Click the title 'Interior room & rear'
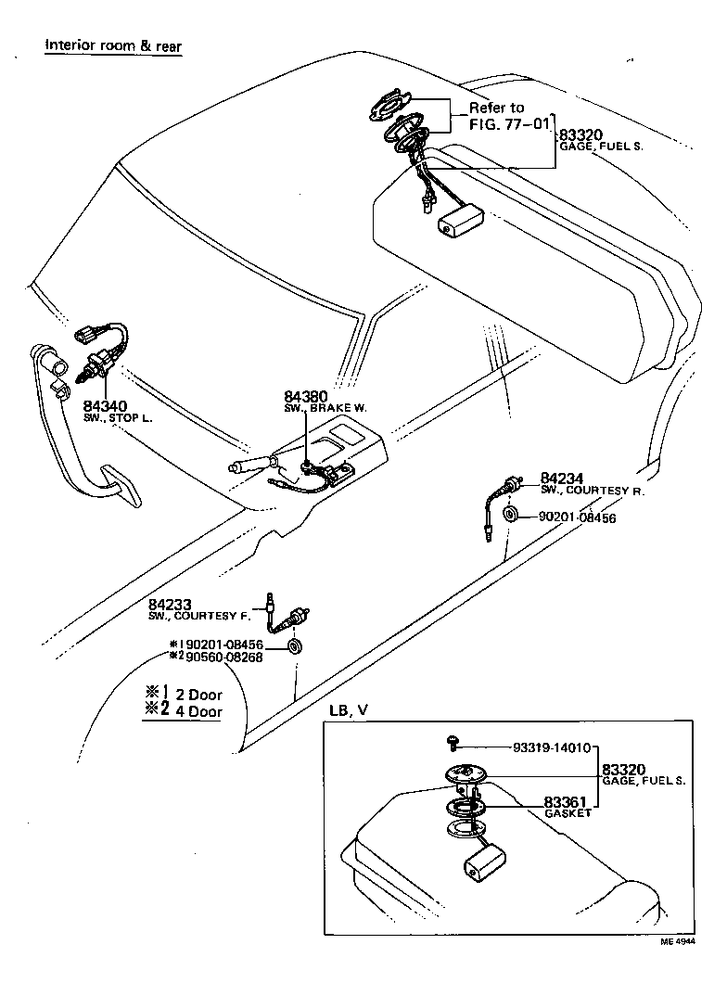point(113,45)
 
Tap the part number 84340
point(105,406)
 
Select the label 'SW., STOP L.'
point(118,419)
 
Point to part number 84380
point(305,397)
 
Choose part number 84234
point(561,478)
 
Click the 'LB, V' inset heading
point(349,709)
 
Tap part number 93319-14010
point(552,747)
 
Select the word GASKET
point(568,813)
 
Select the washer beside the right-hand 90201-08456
point(510,515)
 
